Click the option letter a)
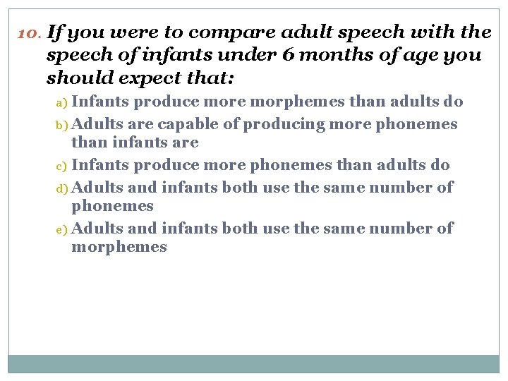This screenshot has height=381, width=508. click(62, 102)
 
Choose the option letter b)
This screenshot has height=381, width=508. click(62, 125)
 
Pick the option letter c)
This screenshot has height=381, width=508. click(62, 166)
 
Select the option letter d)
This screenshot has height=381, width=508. click(62, 188)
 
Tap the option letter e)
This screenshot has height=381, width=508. click(62, 229)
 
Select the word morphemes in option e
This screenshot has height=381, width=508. click(119, 247)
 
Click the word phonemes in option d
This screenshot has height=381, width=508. click(112, 206)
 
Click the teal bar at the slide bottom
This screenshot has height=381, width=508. click(254, 363)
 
